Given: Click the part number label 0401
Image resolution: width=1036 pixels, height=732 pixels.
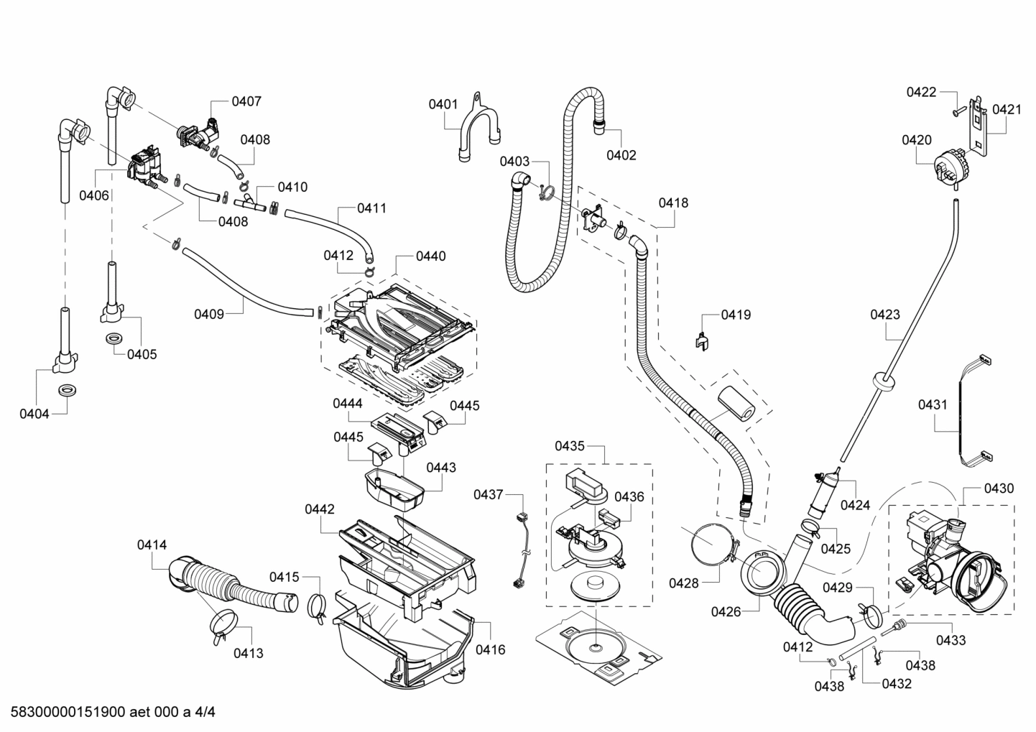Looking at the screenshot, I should (x=443, y=104).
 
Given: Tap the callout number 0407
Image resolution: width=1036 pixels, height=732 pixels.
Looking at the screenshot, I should (x=246, y=101).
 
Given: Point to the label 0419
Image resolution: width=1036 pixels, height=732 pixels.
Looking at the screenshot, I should (x=736, y=315).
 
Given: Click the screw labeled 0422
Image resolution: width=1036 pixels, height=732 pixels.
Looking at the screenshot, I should (x=956, y=111).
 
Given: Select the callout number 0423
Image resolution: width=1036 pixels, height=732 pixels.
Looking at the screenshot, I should (x=884, y=315).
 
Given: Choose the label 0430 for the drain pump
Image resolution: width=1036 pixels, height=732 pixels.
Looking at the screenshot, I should (x=999, y=488).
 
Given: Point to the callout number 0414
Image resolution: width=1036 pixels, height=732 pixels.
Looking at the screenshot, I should (x=152, y=545).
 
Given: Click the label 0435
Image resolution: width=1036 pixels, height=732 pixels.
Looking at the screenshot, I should (x=569, y=446).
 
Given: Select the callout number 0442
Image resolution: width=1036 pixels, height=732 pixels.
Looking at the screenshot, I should (x=319, y=509).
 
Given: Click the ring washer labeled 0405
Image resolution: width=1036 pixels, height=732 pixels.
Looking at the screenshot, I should (x=114, y=338).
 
